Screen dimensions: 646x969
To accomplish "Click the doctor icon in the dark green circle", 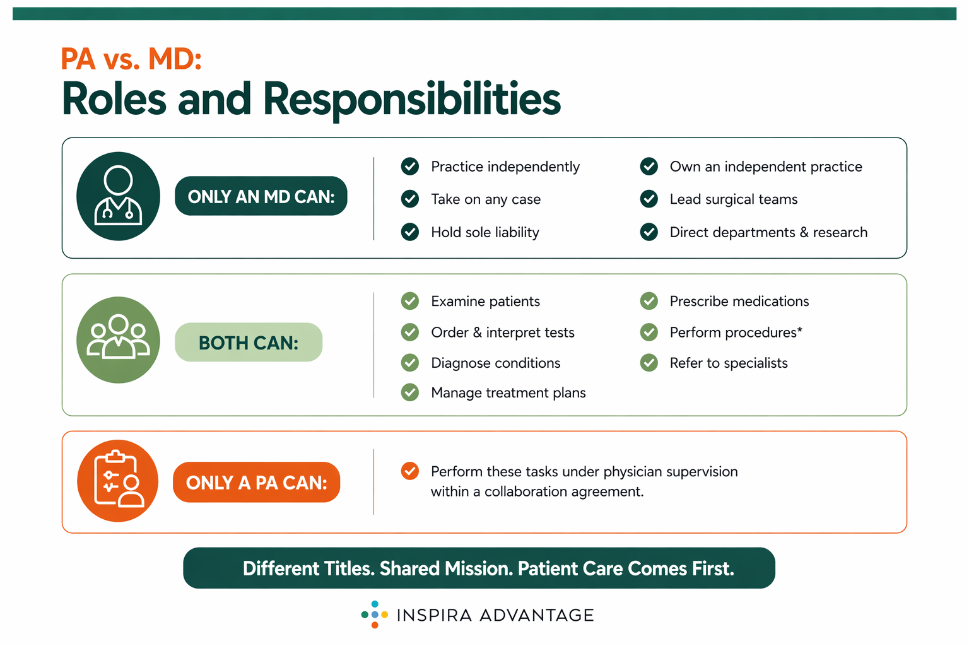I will pyautogui.click(x=118, y=196).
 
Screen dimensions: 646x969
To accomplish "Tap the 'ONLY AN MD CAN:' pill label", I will pyautogui.click(x=261, y=196).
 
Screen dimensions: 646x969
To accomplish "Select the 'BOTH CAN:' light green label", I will pyautogui.click(x=249, y=343).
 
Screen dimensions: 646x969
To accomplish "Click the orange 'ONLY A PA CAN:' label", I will pyautogui.click(x=256, y=483).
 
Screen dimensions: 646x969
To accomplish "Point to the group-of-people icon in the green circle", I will pyautogui.click(x=118, y=340).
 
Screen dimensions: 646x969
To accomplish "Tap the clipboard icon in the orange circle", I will pyautogui.click(x=118, y=481).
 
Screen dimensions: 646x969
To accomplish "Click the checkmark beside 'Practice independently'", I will pyautogui.click(x=410, y=167).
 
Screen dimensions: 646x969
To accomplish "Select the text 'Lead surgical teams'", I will pyautogui.click(x=733, y=199).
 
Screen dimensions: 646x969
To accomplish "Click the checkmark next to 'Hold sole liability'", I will pyautogui.click(x=410, y=232).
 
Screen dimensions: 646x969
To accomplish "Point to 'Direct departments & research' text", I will pyautogui.click(x=768, y=232).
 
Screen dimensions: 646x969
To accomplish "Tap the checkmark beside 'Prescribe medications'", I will pyautogui.click(x=649, y=301).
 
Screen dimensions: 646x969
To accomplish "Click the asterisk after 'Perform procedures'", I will pyautogui.click(x=800, y=330).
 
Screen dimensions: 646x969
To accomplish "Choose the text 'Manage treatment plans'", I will pyautogui.click(x=508, y=392).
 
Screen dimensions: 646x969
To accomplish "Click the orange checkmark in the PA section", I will pyautogui.click(x=410, y=471).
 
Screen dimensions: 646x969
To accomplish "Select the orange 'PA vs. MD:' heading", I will pyautogui.click(x=131, y=59).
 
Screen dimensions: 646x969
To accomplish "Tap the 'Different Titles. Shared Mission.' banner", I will pyautogui.click(x=479, y=568).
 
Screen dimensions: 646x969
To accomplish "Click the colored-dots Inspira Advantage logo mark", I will pyautogui.click(x=375, y=614).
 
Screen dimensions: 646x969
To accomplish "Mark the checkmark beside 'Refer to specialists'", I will pyautogui.click(x=649, y=363).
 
